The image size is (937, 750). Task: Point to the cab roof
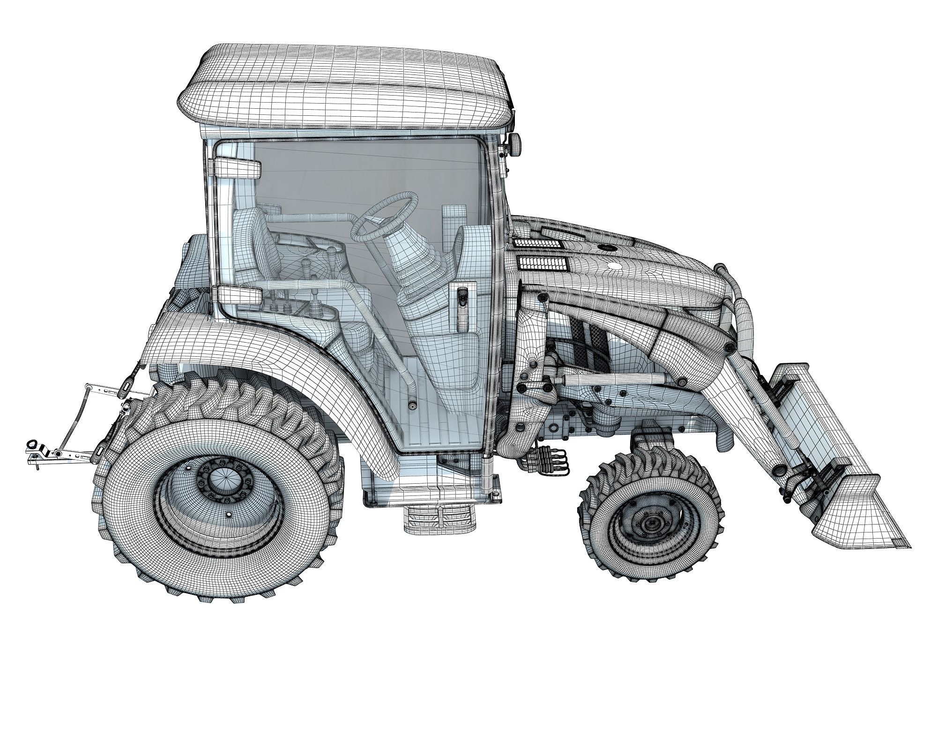coord(347,89)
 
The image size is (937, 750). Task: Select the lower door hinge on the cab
coord(239,295)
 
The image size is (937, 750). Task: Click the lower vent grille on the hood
coord(542,264)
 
